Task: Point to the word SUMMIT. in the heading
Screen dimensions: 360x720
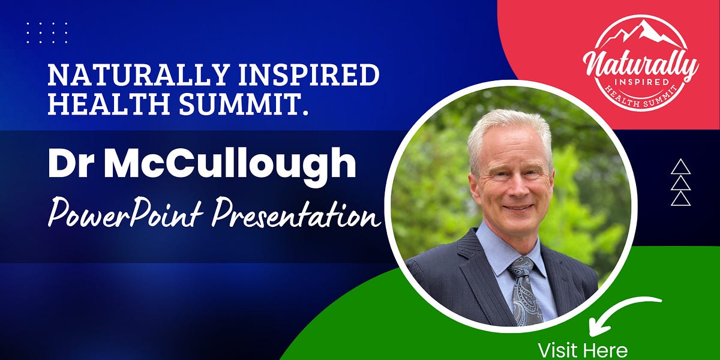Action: [239, 104]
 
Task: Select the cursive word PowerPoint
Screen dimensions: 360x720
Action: [127, 214]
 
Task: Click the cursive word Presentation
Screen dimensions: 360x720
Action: [297, 214]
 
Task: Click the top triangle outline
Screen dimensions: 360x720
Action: [680, 166]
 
